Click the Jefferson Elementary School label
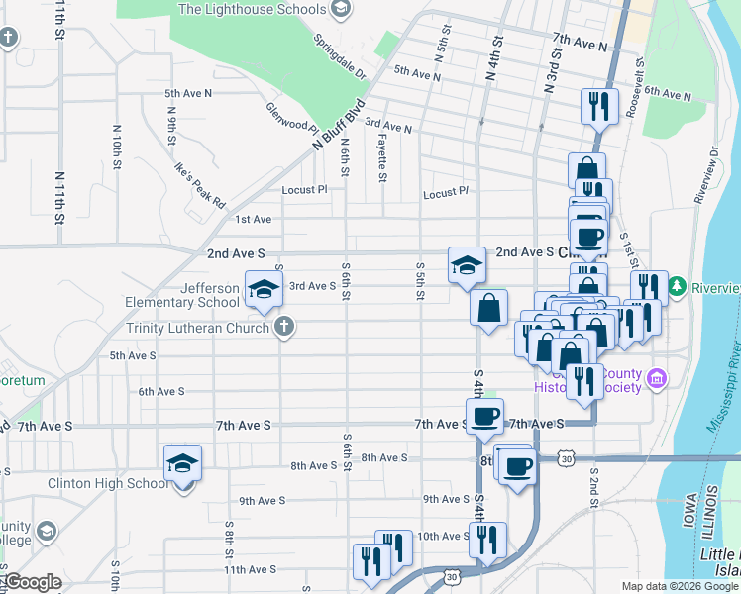(182, 295)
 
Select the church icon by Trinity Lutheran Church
(284, 326)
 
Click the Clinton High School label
(106, 484)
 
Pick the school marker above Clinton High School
(183, 463)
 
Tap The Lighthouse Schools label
(252, 10)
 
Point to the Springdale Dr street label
(340, 57)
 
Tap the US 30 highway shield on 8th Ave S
(565, 458)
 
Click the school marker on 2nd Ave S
(468, 264)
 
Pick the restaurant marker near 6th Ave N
(597, 106)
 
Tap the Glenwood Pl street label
(290, 118)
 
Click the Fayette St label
(381, 158)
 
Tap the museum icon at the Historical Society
(656, 377)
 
